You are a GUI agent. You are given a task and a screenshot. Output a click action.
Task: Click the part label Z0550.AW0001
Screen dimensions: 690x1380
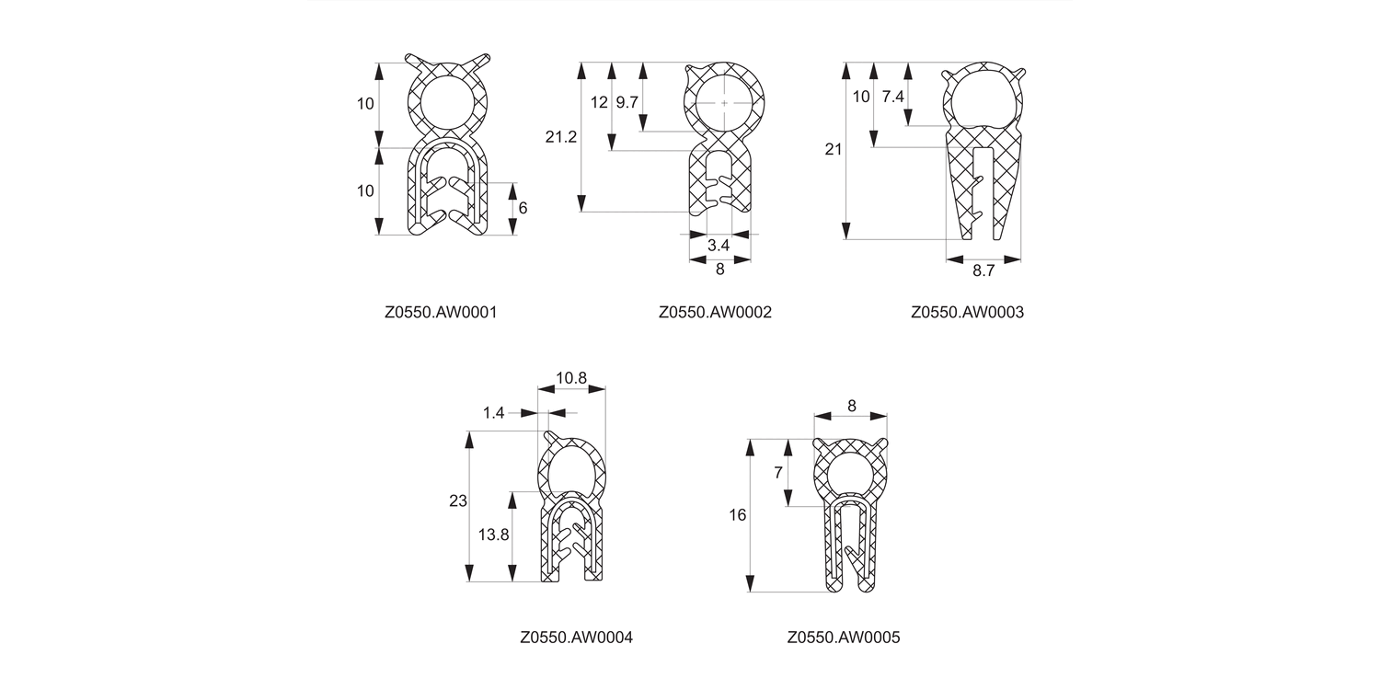(x=441, y=312)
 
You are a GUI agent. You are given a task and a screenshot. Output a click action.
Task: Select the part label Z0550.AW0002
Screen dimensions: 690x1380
(x=715, y=312)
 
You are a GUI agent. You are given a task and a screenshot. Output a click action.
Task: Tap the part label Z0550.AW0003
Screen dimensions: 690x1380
(x=967, y=312)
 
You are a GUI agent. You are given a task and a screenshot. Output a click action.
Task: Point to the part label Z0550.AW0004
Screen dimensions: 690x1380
(x=576, y=637)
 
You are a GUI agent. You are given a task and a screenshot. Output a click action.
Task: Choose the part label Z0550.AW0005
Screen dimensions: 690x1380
(x=844, y=637)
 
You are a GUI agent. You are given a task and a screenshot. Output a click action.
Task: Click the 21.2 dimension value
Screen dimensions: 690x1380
(x=561, y=138)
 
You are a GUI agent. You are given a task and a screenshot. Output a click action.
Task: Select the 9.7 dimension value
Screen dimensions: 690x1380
(x=627, y=102)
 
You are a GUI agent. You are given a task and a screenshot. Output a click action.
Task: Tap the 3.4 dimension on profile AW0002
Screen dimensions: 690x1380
(x=719, y=246)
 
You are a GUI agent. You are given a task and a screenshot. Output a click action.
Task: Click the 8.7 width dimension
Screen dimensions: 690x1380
(x=983, y=270)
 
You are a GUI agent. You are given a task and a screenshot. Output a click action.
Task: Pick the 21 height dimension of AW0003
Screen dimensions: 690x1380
(x=834, y=149)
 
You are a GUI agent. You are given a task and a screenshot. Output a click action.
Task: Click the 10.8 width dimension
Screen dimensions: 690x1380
(x=571, y=377)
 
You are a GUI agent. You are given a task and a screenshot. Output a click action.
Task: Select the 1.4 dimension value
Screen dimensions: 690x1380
(x=494, y=413)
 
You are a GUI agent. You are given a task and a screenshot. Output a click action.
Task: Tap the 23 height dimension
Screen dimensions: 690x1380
(x=458, y=501)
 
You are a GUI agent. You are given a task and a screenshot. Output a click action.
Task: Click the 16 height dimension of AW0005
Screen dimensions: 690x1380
(x=738, y=515)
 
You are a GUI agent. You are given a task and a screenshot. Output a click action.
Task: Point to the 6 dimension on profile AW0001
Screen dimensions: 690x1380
(x=523, y=208)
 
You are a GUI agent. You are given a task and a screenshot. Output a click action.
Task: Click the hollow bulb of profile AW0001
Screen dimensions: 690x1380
(x=448, y=102)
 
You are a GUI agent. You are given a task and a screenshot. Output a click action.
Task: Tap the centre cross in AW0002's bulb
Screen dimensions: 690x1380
(x=725, y=103)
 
